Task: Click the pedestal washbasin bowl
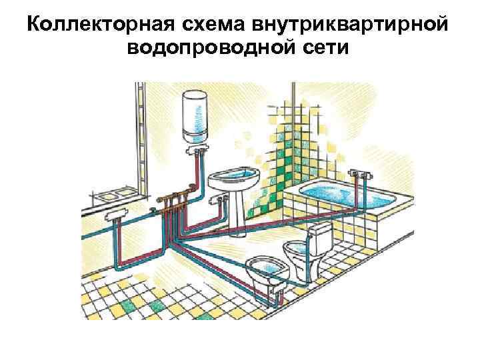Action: [231, 179]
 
